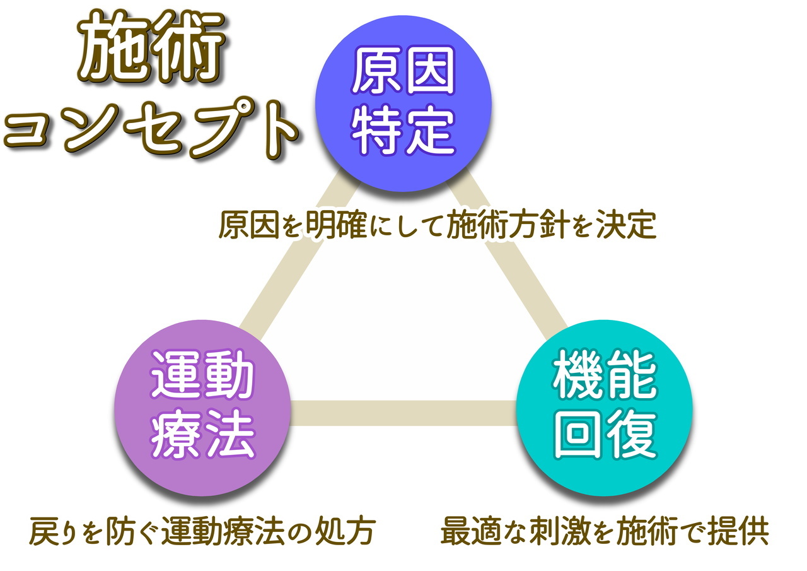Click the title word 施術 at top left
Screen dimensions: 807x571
(x=151, y=46)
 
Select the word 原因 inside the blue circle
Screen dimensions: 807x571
(x=403, y=70)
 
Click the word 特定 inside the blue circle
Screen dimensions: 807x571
(x=403, y=130)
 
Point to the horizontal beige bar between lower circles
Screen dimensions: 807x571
(x=403, y=413)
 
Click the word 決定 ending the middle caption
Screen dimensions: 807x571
(x=626, y=225)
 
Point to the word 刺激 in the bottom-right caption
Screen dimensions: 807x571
(x=560, y=532)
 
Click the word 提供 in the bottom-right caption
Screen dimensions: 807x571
(x=738, y=532)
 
